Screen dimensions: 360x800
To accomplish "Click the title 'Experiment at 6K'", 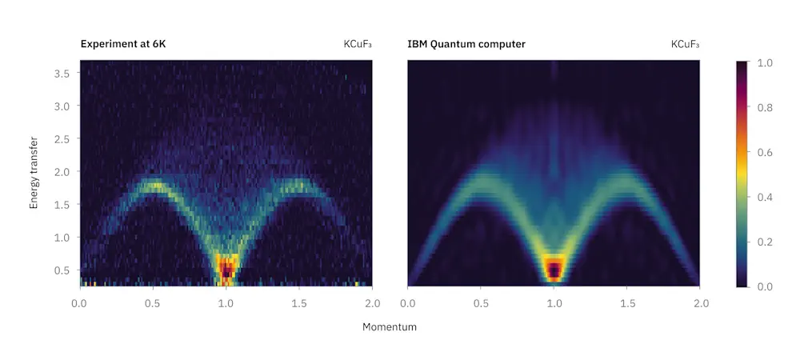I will click(122, 44).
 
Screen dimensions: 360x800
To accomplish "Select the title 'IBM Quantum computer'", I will click(466, 44).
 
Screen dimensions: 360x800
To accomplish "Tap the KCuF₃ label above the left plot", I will click(358, 44).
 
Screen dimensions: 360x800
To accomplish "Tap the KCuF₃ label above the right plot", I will click(686, 44).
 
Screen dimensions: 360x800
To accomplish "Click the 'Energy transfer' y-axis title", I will click(34, 172).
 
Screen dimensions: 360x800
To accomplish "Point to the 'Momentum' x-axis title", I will click(390, 326).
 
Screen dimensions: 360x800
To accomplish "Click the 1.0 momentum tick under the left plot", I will click(226, 303).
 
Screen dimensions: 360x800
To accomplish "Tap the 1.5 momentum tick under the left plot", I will click(299, 303).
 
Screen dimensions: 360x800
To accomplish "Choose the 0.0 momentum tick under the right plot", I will click(407, 303).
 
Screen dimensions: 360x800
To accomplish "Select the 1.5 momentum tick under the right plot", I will click(628, 303).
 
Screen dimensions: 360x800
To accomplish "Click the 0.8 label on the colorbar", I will click(764, 106).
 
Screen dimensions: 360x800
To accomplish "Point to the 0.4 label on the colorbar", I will click(764, 196).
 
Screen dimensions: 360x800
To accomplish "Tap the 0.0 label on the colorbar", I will click(764, 286).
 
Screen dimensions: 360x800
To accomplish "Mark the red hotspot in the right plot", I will click(554, 270).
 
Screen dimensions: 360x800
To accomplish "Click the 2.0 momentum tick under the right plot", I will click(701, 303).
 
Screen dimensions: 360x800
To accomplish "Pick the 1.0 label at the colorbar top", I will click(764, 62).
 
